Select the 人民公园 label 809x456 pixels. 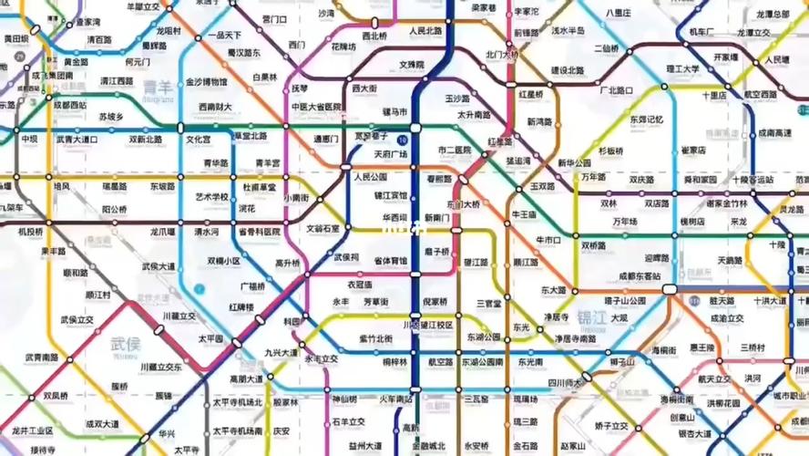click(x=370, y=177)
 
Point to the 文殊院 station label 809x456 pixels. click(x=412, y=65)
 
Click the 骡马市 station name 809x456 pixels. click(x=394, y=111)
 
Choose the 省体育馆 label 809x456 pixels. click(x=390, y=261)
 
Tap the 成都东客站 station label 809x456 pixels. click(x=640, y=275)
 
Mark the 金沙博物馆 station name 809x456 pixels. click(x=207, y=82)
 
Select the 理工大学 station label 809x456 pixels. click(x=682, y=69)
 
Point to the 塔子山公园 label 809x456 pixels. click(x=624, y=300)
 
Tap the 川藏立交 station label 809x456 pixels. click(x=179, y=316)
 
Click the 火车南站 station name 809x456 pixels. click(x=395, y=399)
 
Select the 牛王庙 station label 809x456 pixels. click(x=524, y=214)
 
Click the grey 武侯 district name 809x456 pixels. click(x=125, y=343)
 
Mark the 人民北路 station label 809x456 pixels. click(x=425, y=31)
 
